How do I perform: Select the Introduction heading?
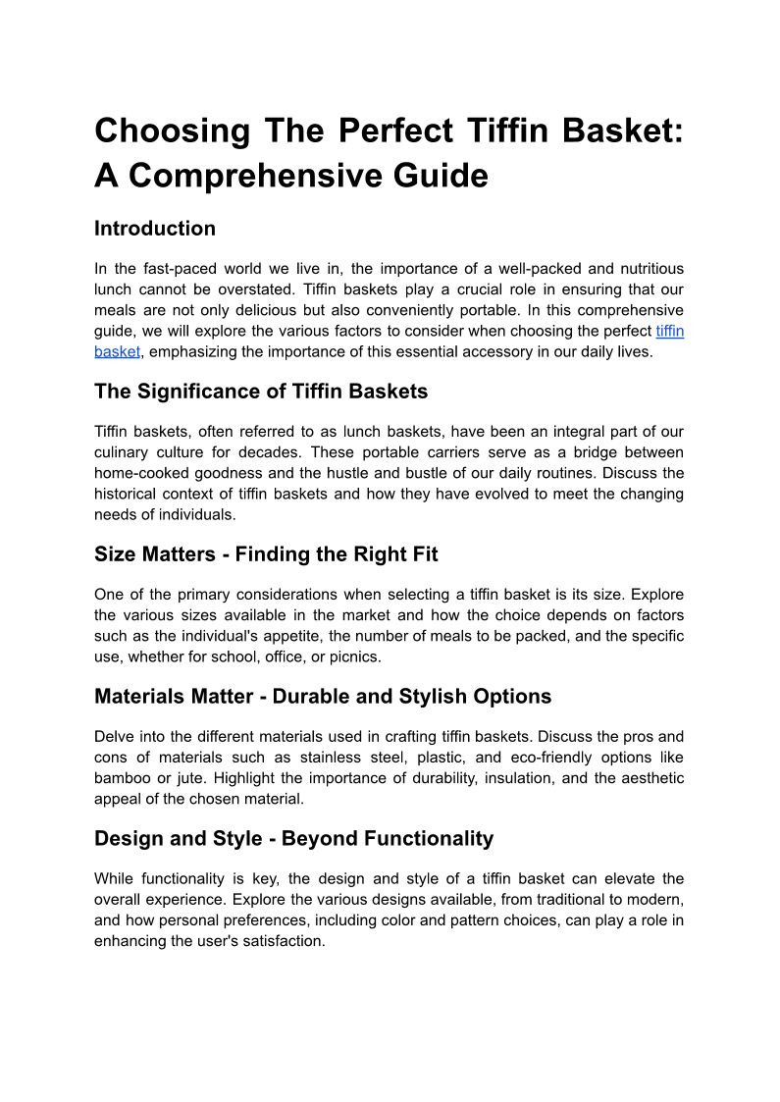tap(155, 229)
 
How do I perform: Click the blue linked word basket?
tap(118, 351)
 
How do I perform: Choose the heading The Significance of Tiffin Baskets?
tap(261, 392)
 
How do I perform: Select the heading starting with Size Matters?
tap(266, 554)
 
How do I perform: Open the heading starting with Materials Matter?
tap(323, 697)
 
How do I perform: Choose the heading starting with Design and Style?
tap(293, 838)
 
